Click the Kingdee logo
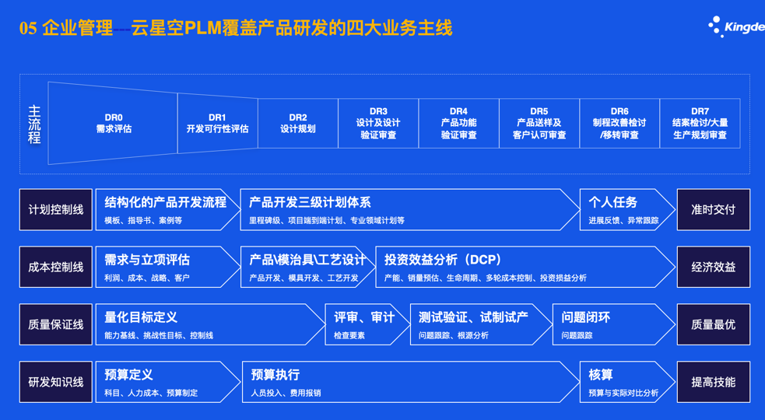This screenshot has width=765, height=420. point(735,27)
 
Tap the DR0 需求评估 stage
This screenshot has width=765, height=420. point(114,124)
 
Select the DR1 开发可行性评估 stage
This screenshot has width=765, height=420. point(217,124)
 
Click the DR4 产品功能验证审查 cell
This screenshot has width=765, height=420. point(458,124)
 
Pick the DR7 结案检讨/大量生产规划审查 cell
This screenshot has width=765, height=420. point(700,124)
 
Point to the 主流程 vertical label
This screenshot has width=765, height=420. point(34,124)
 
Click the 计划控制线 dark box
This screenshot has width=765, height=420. point(56,210)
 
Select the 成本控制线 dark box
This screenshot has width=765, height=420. point(56,268)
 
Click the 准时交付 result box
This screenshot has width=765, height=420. point(713,210)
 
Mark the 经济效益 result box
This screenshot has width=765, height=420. point(713,268)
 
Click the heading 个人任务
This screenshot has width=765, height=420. point(613,202)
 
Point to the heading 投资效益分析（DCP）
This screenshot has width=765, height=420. point(443,260)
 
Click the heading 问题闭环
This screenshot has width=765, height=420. point(586,317)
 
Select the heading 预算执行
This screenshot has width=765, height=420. point(275,375)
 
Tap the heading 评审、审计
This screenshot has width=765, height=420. point(364,317)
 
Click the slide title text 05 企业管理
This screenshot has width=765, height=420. point(66,29)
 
